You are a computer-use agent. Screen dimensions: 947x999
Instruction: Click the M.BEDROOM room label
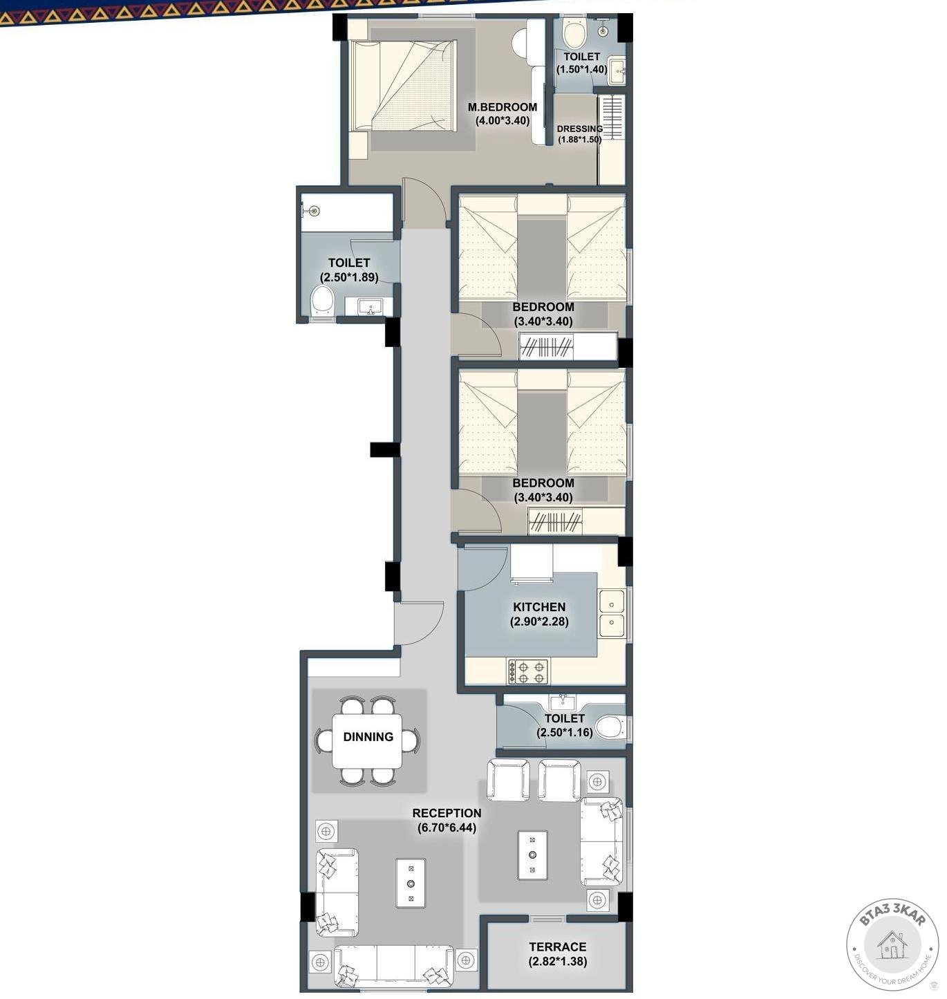tap(502, 106)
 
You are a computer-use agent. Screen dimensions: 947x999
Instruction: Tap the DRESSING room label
tap(579, 129)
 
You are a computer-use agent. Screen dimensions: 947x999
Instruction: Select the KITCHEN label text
tap(539, 607)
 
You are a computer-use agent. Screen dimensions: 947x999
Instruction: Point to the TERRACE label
tap(557, 946)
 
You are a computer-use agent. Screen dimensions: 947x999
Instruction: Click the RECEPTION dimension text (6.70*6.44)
tap(447, 828)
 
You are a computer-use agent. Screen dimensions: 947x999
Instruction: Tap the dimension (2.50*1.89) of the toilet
tap(349, 277)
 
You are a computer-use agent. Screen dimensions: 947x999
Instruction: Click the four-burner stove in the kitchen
tap(528, 672)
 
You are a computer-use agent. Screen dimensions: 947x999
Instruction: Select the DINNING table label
tap(368, 736)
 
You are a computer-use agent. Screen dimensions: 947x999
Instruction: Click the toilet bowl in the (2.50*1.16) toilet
tap(610, 727)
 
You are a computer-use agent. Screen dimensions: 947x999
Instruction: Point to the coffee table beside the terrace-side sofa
tap(532, 855)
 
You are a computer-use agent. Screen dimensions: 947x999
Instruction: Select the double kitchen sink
tap(612, 613)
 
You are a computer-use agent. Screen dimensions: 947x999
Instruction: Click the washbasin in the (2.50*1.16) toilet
tap(563, 702)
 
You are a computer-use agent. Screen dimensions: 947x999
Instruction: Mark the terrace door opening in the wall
tap(547, 919)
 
